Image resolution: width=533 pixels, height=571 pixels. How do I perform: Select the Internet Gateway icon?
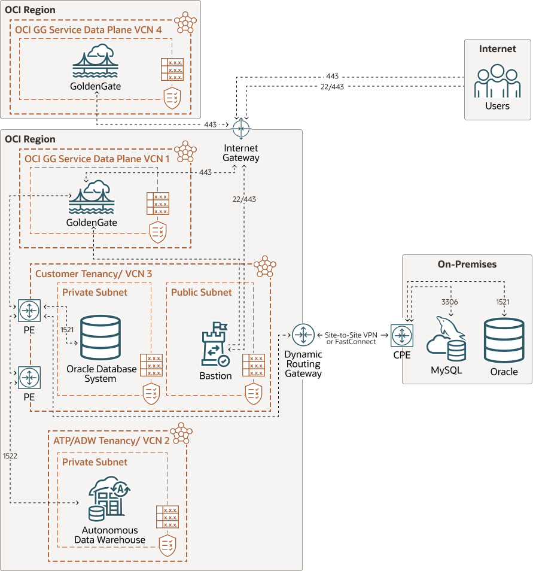point(241,129)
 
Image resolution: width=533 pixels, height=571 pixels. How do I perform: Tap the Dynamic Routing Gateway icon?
point(303,335)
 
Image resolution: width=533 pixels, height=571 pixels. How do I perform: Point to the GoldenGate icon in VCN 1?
point(92,198)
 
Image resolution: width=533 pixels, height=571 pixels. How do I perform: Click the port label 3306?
point(449,302)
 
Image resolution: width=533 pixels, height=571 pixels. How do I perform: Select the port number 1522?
point(10,455)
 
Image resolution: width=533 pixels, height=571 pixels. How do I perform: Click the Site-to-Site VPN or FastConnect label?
point(351,338)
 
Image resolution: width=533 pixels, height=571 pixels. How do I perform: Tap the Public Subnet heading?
point(201,292)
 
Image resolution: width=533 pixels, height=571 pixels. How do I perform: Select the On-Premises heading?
point(467,264)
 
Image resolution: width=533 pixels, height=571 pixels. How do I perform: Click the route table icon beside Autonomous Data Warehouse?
point(167,517)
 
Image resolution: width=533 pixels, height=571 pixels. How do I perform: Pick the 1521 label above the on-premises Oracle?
point(502,302)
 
